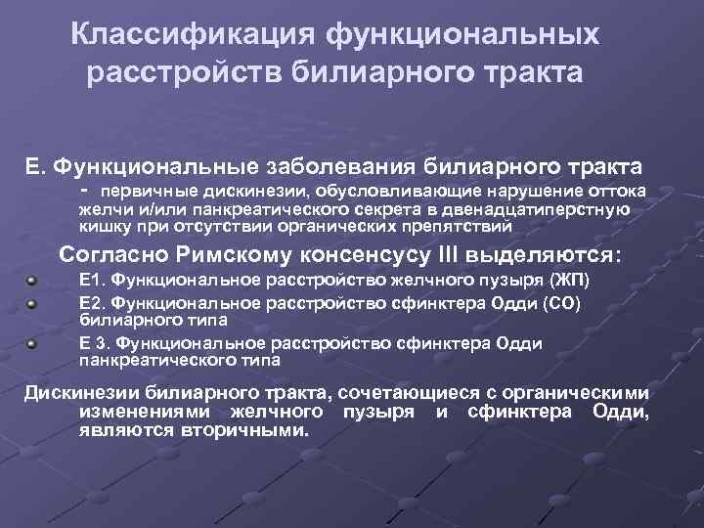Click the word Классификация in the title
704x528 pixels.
point(195,37)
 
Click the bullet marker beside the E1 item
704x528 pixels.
point(33,282)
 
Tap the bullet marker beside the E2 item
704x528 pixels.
point(33,302)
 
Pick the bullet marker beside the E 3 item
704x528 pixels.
point(33,343)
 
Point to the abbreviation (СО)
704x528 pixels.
point(561,302)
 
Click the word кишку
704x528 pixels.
point(98,226)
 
